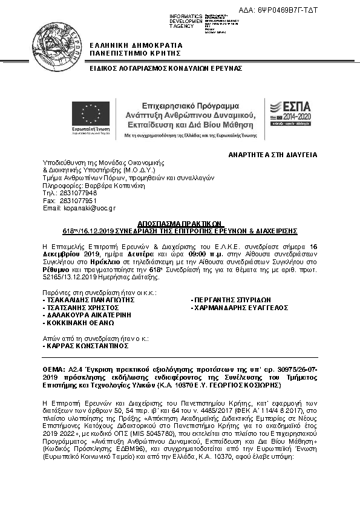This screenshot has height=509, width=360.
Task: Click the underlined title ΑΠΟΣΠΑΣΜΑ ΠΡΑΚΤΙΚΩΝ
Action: point(180,222)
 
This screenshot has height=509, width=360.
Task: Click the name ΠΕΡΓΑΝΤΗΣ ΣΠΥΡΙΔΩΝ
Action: point(232,300)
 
